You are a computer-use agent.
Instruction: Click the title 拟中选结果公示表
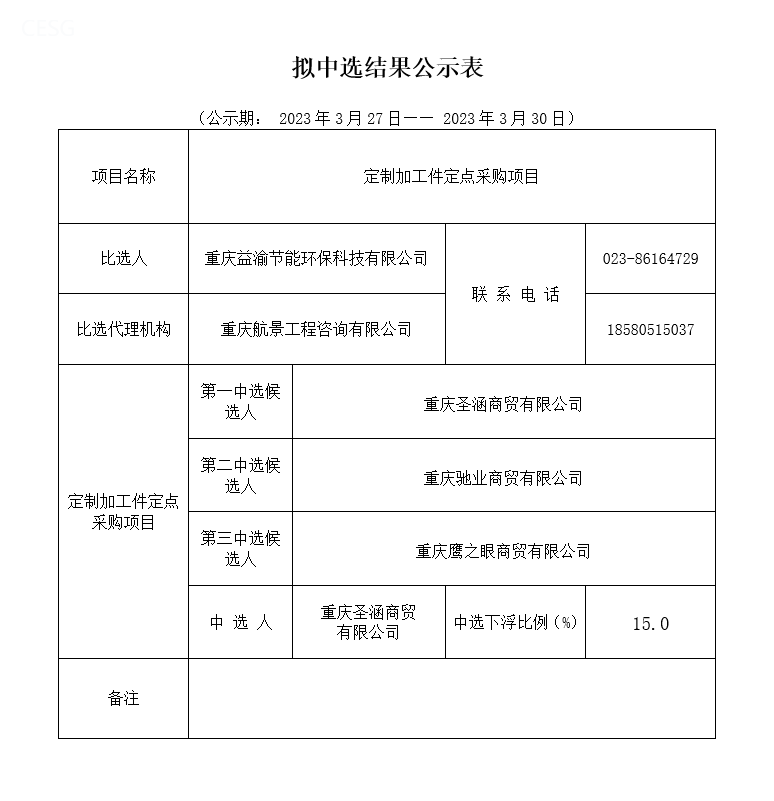(387, 68)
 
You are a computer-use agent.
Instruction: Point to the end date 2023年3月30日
(503, 118)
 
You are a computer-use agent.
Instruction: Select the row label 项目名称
(123, 177)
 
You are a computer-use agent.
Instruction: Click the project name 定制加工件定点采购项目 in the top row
(451, 177)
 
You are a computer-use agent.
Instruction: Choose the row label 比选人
(123, 258)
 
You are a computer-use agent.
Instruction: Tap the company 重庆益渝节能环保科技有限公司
(316, 258)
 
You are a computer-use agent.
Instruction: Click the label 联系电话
(515, 294)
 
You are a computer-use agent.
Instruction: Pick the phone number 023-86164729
(650, 258)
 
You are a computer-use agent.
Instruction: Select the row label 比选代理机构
(123, 329)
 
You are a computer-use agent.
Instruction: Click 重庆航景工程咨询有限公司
(316, 329)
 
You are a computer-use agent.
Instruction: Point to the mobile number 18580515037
(650, 329)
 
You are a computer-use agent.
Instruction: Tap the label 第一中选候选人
(240, 401)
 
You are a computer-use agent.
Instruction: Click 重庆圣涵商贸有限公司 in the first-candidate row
(503, 404)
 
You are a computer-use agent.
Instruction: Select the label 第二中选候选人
(240, 475)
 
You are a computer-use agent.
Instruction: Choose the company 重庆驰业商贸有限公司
(503, 478)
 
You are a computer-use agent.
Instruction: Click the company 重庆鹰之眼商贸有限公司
(503, 551)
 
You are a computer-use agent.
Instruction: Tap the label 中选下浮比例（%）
(515, 622)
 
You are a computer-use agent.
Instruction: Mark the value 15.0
(650, 623)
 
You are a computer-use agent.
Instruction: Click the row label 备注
(123, 698)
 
